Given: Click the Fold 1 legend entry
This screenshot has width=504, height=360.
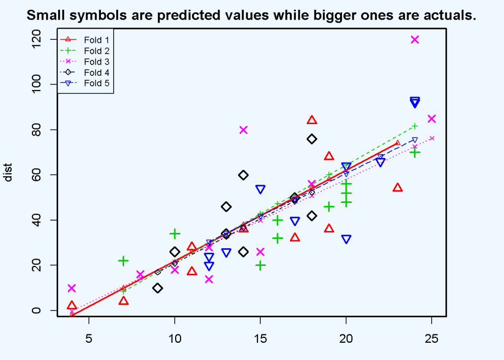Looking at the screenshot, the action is (85, 40).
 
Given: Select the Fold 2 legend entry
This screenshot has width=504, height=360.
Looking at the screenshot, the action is (85, 51).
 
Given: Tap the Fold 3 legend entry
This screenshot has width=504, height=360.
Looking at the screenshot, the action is (85, 62).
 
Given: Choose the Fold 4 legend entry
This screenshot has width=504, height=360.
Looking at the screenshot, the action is (85, 72).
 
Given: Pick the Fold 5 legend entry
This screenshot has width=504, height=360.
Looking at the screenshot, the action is (85, 83).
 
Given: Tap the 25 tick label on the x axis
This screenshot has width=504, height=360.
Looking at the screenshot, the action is (432, 338).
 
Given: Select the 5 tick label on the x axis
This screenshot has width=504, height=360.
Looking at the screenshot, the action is (89, 338).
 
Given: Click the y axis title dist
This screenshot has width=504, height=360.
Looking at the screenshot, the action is (8, 173).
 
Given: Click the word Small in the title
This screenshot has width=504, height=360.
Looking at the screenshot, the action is (45, 15).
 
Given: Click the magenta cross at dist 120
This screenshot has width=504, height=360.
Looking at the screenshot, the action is (414, 39).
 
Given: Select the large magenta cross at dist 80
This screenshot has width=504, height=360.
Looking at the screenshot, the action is (243, 130).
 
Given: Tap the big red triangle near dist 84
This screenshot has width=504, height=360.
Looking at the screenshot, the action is (312, 120).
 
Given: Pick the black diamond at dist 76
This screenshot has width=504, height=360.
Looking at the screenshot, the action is (312, 139).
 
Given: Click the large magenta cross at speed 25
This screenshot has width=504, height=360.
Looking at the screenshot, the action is (432, 119).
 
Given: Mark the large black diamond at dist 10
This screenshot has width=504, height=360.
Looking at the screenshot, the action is (157, 288).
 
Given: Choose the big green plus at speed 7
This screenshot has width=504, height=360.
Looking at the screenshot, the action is (123, 261).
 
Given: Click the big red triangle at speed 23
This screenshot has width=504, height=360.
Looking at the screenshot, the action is (398, 188).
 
